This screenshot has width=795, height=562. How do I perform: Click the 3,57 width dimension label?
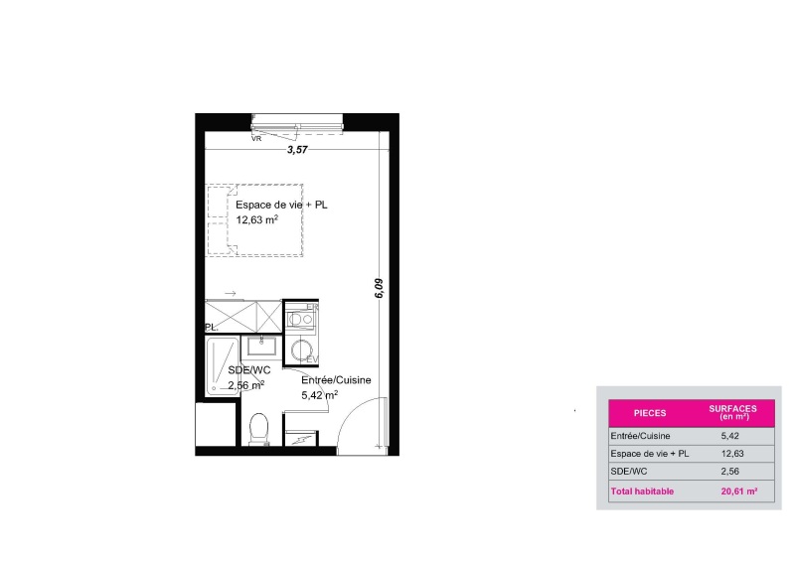click(297, 150)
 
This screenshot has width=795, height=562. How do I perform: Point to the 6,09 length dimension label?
click(380, 288)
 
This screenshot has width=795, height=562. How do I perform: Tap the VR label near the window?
click(256, 138)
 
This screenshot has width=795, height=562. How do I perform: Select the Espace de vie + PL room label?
click(281, 205)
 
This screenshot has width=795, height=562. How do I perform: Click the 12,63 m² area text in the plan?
click(256, 219)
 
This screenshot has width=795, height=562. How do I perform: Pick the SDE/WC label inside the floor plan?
click(249, 370)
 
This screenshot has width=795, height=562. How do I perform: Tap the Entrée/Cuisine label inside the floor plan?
click(336, 380)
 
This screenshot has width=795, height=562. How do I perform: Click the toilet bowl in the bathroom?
click(259, 429)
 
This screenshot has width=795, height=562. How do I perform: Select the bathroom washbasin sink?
click(261, 346)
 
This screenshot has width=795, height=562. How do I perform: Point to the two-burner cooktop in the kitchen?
click(300, 320)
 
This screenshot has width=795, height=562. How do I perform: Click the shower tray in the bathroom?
click(223, 366)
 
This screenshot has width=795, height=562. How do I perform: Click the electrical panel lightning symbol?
click(300, 440)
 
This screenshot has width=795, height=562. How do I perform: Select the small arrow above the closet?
click(231, 294)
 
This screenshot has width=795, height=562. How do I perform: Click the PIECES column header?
click(650, 413)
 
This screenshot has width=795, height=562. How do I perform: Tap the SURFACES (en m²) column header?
click(732, 412)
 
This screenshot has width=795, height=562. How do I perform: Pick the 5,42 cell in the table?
click(729, 436)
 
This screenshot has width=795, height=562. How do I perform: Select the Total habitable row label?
click(642, 492)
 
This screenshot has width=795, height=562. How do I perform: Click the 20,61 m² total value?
click(739, 492)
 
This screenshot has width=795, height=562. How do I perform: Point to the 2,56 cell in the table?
click(729, 472)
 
